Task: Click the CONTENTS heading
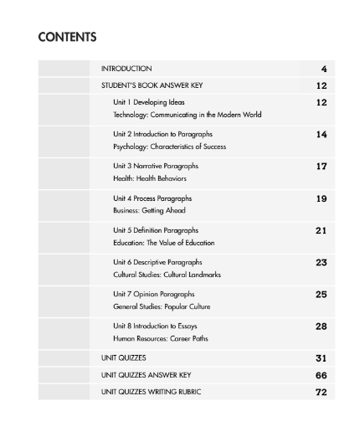point(68,37)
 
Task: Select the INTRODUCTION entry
point(126,69)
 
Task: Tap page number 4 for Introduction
point(323,69)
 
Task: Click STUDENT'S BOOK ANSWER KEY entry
point(152,85)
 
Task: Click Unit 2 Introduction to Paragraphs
point(162,134)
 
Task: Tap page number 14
point(321,134)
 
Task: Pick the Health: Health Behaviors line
point(150,178)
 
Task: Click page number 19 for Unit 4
point(321,198)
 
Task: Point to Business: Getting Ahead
point(149,211)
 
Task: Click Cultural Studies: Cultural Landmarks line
point(167,275)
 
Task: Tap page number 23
point(321,262)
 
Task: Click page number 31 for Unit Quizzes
point(321,358)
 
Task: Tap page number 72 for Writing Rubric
point(321,392)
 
